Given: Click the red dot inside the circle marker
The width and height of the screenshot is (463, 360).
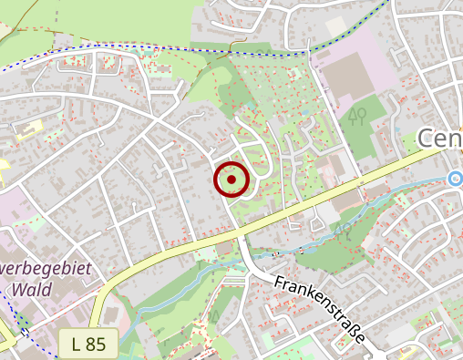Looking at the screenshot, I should point(231,180).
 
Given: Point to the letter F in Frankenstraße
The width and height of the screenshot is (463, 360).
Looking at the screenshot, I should point(279,283).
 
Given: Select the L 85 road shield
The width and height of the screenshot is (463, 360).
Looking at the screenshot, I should point(88,344).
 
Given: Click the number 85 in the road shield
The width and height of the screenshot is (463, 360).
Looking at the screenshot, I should point(97,344).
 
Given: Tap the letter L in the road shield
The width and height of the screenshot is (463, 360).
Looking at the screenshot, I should point(77,344).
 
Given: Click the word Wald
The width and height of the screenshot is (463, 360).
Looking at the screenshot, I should point(31,290).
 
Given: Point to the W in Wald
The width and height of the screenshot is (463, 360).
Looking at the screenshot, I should point(19,290).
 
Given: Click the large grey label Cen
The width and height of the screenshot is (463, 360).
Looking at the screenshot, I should point(440,139).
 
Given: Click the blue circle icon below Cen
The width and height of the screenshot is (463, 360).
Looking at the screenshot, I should point(456,178).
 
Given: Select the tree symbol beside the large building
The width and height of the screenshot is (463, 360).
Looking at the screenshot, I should point(359,114).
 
